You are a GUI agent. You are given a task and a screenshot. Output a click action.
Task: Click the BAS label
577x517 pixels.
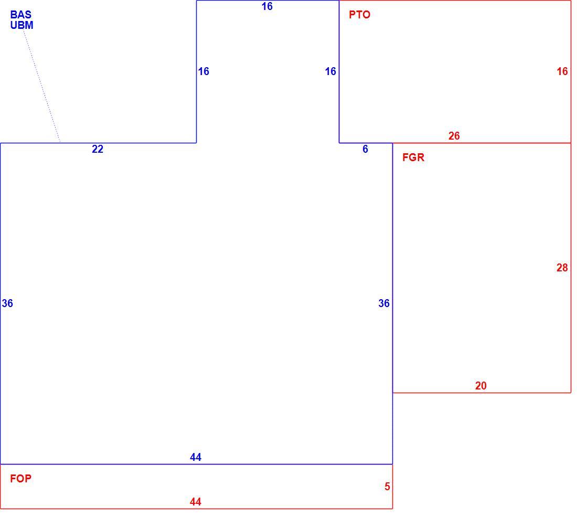pos(20,15)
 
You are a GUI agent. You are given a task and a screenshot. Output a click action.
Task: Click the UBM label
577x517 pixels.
pos(22,25)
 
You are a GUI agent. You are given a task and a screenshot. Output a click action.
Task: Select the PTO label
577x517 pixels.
pos(359,15)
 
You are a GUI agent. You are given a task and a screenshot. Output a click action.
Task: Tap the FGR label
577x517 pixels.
pos(413,157)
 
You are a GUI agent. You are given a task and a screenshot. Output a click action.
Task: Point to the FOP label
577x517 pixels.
pos(20,479)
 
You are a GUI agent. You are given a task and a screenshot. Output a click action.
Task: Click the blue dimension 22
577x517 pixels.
pos(98,149)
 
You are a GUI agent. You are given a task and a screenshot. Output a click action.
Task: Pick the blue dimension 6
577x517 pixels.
pos(365,149)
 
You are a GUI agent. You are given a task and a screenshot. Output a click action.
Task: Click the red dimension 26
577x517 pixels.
pos(454,136)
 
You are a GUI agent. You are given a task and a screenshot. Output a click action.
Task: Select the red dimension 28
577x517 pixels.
pos(562,268)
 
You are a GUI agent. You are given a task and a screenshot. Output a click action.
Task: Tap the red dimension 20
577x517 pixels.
pos(480,386)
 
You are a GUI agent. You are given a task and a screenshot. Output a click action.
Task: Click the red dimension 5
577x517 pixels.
pos(387,487)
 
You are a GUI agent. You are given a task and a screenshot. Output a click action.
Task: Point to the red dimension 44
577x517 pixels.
pos(196,502)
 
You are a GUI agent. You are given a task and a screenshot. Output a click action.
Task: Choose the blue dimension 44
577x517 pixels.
pos(196,457)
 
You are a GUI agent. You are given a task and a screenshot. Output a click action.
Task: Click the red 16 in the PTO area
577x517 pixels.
pos(562,71)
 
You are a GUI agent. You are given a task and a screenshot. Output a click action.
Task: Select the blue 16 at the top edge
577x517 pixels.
pos(267,6)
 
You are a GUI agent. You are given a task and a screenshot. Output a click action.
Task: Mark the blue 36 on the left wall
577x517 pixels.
pos(7,303)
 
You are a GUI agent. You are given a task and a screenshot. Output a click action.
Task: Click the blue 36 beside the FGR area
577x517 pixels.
pos(384,303)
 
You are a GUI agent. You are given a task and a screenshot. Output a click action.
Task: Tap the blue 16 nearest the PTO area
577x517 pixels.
pos(330,71)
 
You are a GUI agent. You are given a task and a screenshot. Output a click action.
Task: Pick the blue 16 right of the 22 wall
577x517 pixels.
pos(204,71)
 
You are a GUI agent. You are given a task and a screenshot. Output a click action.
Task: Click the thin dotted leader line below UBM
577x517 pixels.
pos(42,87)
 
